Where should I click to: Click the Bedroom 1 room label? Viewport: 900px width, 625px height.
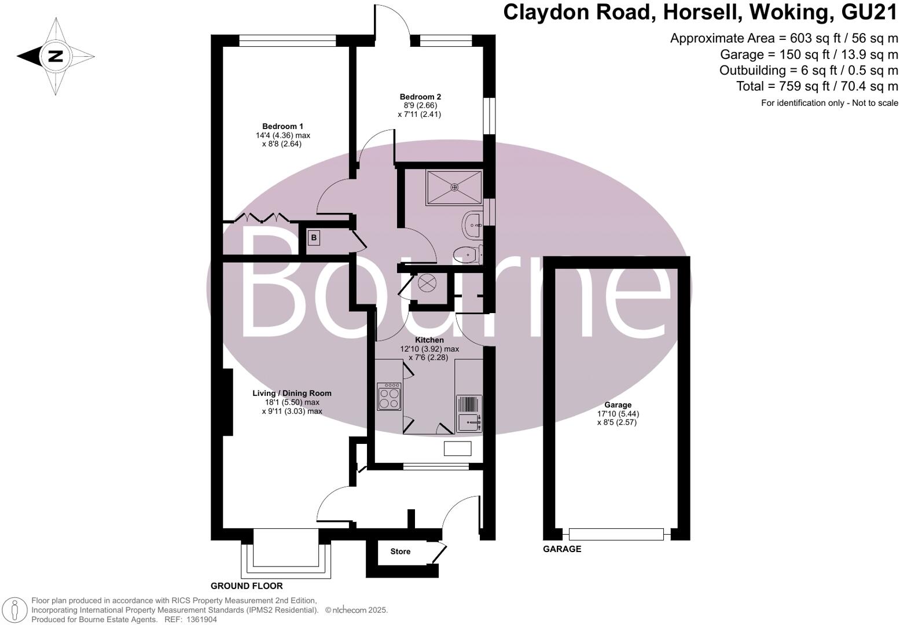pyautogui.click(x=282, y=126)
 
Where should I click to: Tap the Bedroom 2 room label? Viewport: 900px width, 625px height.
pyautogui.click(x=420, y=97)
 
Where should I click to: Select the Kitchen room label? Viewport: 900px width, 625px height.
pyautogui.click(x=429, y=340)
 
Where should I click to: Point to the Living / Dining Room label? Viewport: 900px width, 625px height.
pyautogui.click(x=292, y=394)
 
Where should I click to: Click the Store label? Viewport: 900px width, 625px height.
pyautogui.click(x=400, y=552)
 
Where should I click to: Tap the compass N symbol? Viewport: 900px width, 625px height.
pyautogui.click(x=56, y=57)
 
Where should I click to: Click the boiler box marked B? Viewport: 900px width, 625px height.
pyautogui.click(x=314, y=237)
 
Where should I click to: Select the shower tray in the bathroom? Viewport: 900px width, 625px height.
pyautogui.click(x=454, y=187)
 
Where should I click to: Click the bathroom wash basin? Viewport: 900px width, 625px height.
pyautogui.click(x=473, y=224)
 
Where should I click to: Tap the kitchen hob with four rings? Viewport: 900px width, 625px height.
pyautogui.click(x=389, y=397)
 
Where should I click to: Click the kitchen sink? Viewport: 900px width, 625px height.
pyautogui.click(x=469, y=422)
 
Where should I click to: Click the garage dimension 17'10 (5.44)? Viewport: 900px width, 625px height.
pyautogui.click(x=618, y=414)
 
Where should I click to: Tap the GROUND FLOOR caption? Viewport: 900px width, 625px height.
pyautogui.click(x=247, y=586)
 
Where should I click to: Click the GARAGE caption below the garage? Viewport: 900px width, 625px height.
pyautogui.click(x=562, y=549)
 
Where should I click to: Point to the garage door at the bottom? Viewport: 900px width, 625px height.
pyautogui.click(x=616, y=534)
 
